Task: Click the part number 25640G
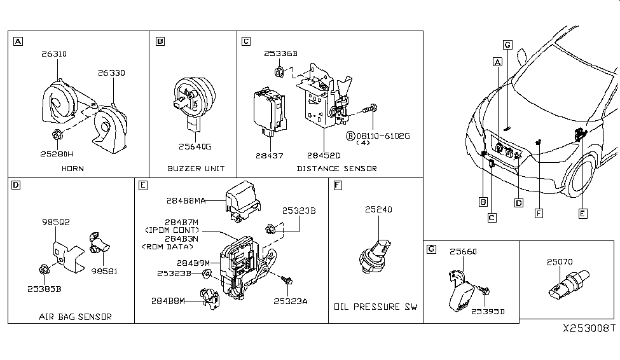click(x=193, y=147)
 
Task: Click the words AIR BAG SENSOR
click(x=75, y=316)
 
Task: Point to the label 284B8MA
click(x=191, y=200)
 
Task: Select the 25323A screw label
click(x=291, y=301)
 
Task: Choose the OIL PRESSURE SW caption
click(x=376, y=307)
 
